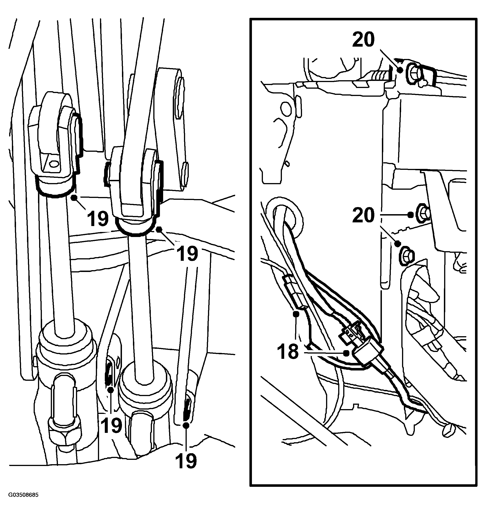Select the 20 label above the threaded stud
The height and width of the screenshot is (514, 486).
pos(363,39)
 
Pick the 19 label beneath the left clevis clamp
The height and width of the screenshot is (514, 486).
pos(98,218)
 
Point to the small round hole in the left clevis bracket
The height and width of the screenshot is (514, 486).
pos(54,164)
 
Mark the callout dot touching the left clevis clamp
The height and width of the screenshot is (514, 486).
pos(74,198)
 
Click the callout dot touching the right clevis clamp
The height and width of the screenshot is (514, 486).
pos(159,229)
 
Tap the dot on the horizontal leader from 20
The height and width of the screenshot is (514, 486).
pos(410,215)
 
